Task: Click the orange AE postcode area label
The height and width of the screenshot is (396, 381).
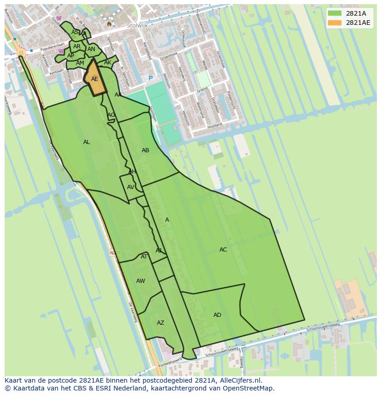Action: pos(94,79)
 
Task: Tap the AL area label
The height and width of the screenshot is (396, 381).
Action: pos(87,142)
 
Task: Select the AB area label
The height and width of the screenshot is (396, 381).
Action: pos(145,150)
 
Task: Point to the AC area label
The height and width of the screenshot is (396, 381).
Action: pos(223,250)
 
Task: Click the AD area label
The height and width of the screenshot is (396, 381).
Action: pos(217,315)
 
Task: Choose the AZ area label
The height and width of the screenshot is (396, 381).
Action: pos(160,323)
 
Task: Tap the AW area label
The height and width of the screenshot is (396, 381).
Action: pos(140,281)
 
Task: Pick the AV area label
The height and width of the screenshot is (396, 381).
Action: pos(131,187)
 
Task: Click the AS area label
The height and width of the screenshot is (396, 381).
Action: pos(75,32)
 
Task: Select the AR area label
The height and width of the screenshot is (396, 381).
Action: pos(77,46)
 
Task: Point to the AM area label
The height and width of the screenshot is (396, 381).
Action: pos(80,63)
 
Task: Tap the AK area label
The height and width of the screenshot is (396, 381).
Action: pos(108,63)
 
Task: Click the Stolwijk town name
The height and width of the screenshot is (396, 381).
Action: pos(137,26)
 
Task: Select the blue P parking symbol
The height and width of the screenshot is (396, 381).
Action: pos(150,79)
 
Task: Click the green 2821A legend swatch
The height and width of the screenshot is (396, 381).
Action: pos(335,13)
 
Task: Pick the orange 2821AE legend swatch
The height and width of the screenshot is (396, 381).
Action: pos(335,23)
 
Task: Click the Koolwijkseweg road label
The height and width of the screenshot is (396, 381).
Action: pos(170,363)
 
